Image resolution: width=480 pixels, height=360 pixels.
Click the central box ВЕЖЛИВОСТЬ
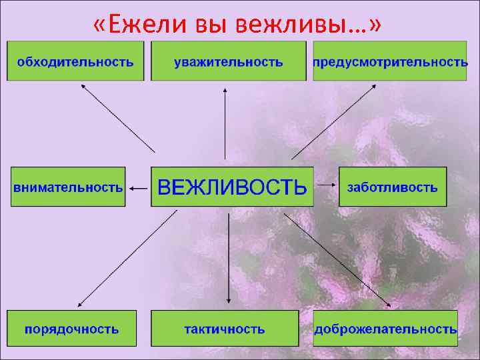(x=232, y=186)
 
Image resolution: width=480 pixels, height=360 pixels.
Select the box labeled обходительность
(x=75, y=61)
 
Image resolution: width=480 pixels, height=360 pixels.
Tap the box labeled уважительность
(x=229, y=61)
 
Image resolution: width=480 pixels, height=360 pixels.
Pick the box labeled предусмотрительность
(x=390, y=61)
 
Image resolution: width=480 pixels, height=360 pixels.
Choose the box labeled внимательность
(x=68, y=187)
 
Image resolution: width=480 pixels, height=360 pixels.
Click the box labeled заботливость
(x=393, y=187)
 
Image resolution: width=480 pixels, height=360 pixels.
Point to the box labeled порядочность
(x=72, y=328)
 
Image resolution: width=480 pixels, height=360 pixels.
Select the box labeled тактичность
(x=225, y=328)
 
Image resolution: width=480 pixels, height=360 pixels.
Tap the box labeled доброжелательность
(x=385, y=328)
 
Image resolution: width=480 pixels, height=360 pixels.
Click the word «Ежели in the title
(x=141, y=25)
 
